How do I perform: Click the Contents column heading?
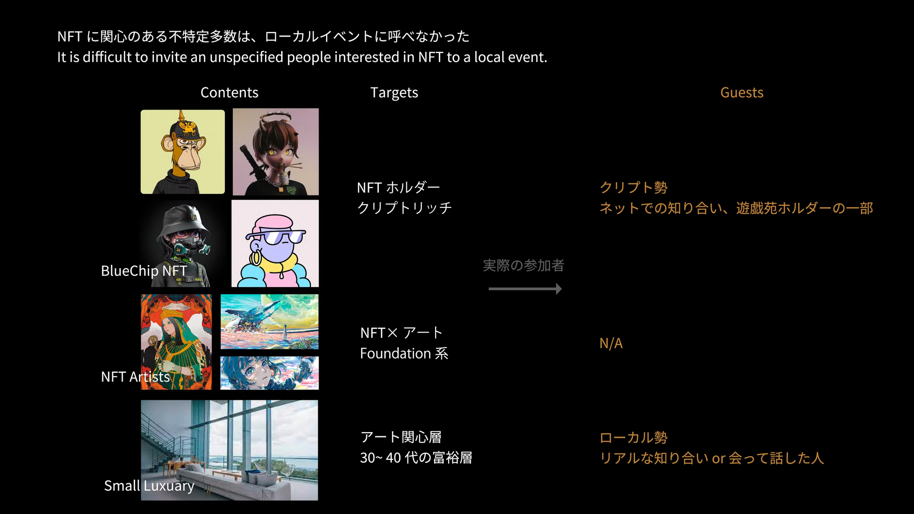(229, 93)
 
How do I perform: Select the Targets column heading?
(394, 93)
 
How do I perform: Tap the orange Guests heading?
(742, 93)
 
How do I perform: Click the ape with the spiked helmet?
(183, 152)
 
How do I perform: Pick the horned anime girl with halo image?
(276, 152)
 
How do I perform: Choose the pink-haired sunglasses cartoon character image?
(275, 243)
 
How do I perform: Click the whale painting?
(269, 322)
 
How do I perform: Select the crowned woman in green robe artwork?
(176, 342)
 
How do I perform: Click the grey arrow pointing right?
(525, 289)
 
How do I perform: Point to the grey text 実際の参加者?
(523, 265)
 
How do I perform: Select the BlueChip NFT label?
(144, 271)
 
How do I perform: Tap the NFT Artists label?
(135, 377)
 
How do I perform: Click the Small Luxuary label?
(149, 486)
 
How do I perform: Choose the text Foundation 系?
(404, 354)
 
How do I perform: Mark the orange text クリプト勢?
(633, 187)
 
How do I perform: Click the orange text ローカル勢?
(633, 437)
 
